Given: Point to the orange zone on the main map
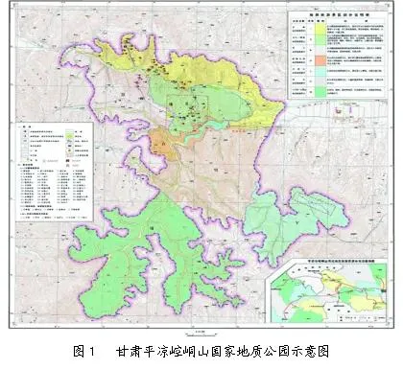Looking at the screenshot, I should pos(159,144).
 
